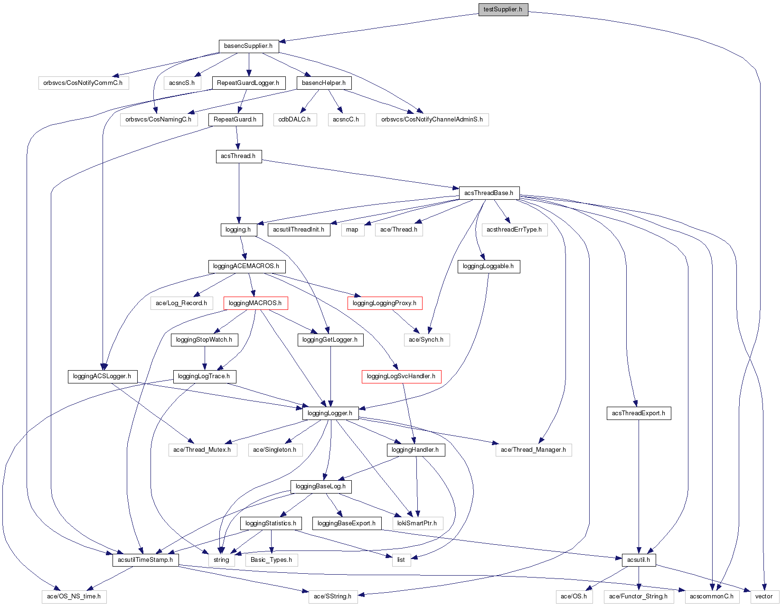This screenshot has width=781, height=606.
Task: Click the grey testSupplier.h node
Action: click(503, 9)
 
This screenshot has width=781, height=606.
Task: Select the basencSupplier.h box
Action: click(248, 46)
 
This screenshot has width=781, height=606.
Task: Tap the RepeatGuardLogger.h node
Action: click(248, 83)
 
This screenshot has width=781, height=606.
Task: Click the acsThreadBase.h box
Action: click(489, 193)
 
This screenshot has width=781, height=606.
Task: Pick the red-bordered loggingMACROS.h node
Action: click(255, 303)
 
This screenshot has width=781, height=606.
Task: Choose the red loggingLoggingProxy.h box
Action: click(385, 303)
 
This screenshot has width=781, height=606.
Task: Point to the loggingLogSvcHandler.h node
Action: click(401, 376)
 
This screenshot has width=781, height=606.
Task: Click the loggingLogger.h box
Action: click(330, 413)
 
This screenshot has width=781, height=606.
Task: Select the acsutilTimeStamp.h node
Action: click(145, 560)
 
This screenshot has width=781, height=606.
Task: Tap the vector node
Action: click(764, 597)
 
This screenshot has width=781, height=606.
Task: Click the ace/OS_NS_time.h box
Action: click(74, 597)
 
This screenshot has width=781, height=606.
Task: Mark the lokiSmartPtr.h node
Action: click(417, 523)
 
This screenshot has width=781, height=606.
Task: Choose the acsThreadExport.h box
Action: click(638, 413)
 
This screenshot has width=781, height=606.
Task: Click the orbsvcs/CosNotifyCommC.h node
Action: click(83, 83)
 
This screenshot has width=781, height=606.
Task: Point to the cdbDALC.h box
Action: click(294, 120)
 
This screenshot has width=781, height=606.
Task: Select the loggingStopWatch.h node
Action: click(204, 340)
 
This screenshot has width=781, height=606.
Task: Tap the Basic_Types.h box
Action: click(272, 560)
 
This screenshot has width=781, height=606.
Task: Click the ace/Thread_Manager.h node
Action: click(533, 450)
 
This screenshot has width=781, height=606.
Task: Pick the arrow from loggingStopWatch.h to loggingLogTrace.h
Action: click(205, 358)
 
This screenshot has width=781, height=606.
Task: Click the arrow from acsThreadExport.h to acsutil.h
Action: click(639, 484)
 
